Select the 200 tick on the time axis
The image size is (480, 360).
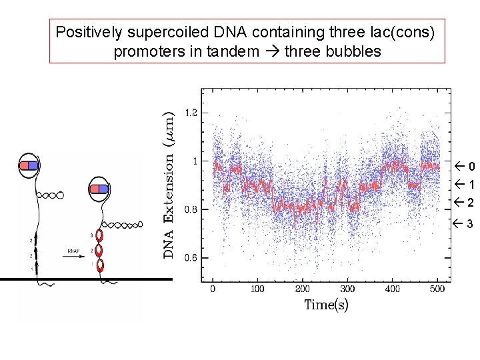[x=302, y=289]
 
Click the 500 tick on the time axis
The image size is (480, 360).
[x=437, y=289]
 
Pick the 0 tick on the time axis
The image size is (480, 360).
[x=213, y=289]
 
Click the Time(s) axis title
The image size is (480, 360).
[x=325, y=305]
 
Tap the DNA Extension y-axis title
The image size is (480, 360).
[x=171, y=185]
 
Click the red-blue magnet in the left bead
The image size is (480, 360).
[x=29, y=165]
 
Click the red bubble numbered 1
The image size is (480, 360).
[x=101, y=265]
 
